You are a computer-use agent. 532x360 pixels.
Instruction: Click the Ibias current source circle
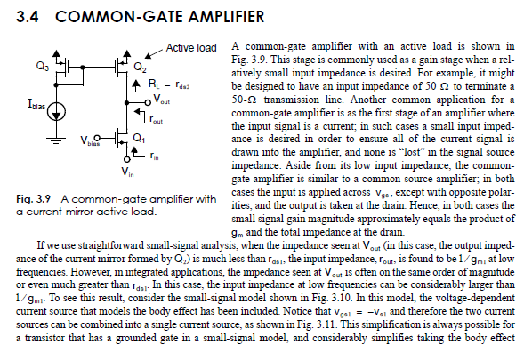pos(59,110)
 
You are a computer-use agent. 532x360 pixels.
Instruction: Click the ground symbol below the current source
pos(59,139)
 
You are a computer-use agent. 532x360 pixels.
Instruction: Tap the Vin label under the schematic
pos(128,168)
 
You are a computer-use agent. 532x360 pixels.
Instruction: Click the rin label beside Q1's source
pos(154,156)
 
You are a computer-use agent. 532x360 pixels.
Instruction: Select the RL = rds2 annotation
pos(161,86)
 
